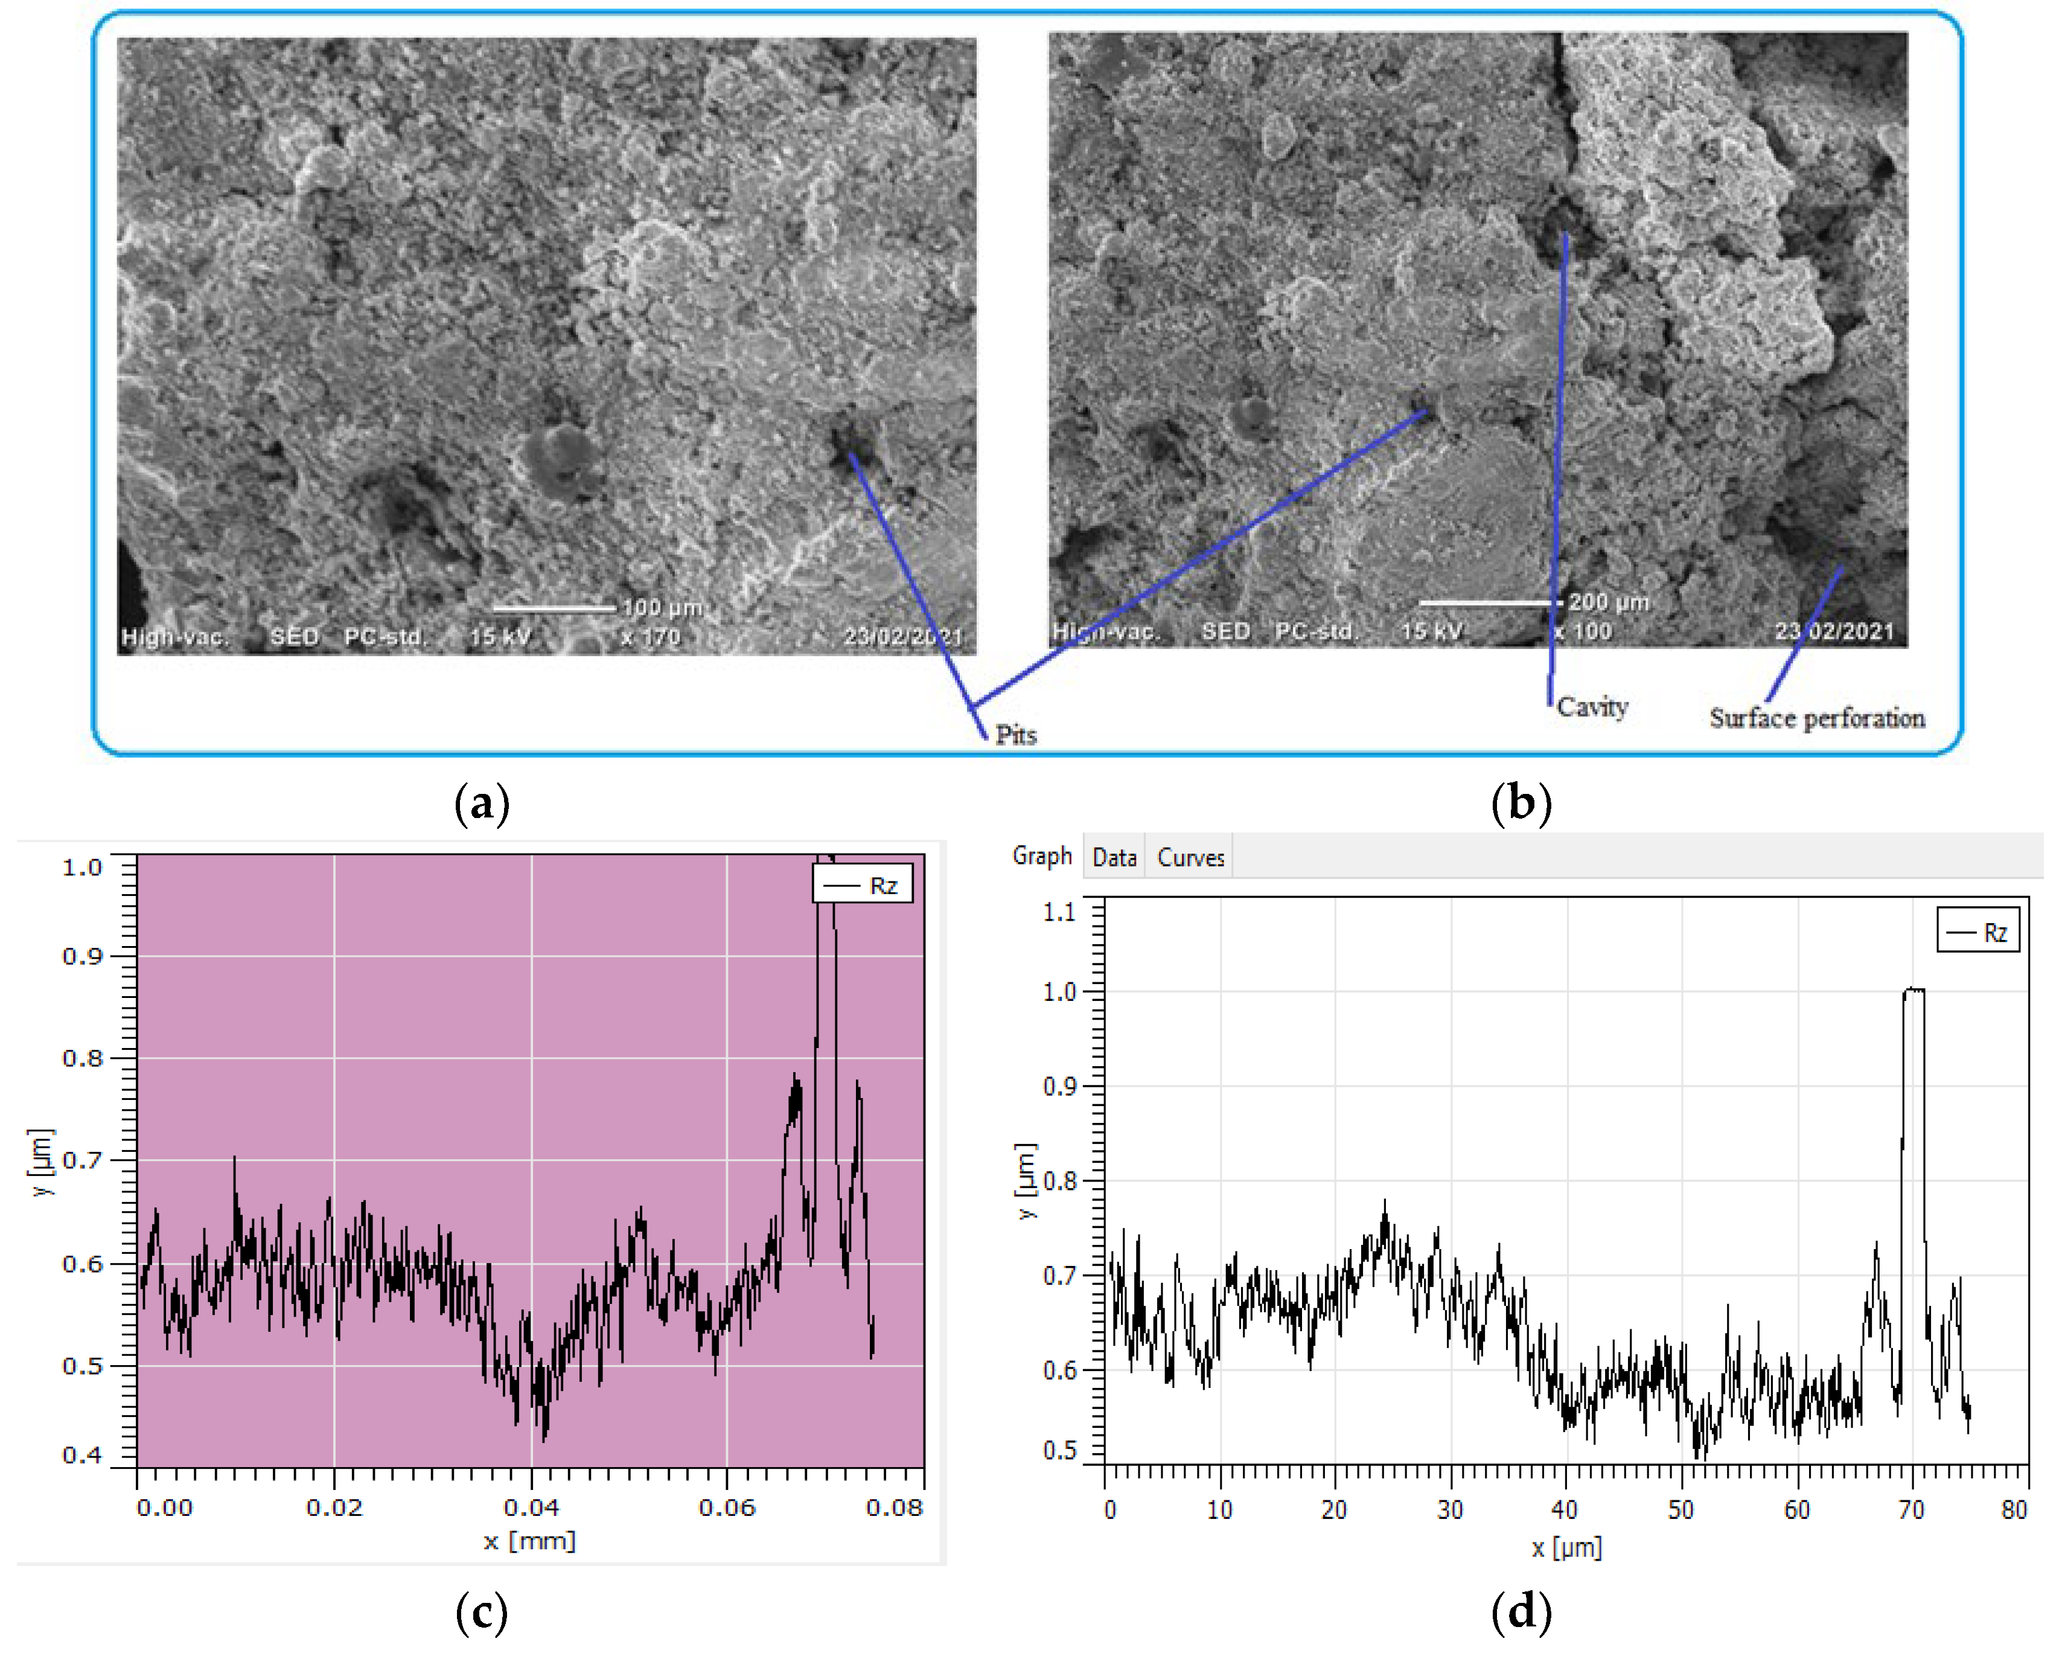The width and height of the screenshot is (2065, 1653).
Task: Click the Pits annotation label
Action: click(1015, 735)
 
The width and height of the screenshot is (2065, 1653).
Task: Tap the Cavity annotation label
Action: click(1592, 707)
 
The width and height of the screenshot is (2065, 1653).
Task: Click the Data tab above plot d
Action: click(1114, 857)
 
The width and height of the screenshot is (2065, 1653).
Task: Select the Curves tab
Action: click(1190, 857)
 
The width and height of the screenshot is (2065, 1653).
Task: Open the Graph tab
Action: click(1041, 855)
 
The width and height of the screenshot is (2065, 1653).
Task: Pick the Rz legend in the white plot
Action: click(1978, 932)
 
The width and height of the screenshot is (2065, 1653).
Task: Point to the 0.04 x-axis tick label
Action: click(532, 1508)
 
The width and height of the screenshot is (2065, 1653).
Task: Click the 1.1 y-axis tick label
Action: click(1059, 912)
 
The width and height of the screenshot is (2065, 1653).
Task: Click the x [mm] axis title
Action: click(529, 1541)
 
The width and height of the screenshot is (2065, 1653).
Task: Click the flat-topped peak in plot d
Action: click(1913, 990)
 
